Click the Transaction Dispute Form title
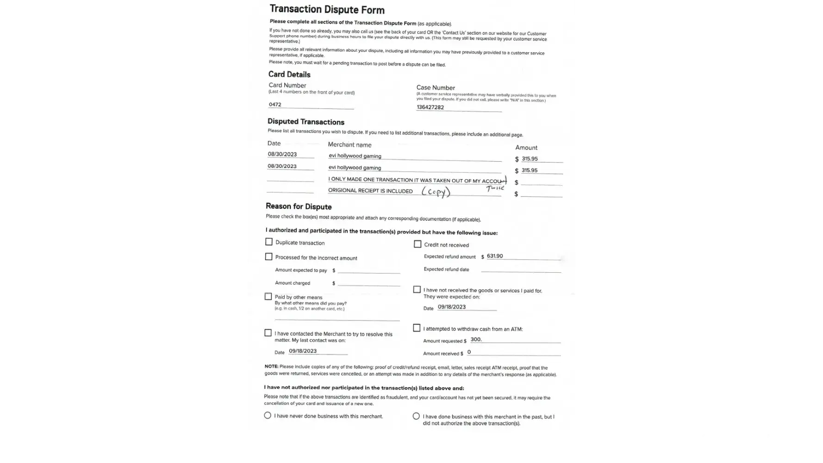(x=327, y=9)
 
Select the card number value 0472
(x=275, y=105)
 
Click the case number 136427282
(x=430, y=107)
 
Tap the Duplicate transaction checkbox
(x=269, y=242)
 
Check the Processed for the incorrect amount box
(x=268, y=257)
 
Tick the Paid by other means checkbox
(x=268, y=296)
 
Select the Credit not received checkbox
(x=418, y=244)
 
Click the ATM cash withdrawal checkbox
(x=417, y=328)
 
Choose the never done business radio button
(x=268, y=415)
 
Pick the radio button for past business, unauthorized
(x=416, y=416)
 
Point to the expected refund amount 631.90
(x=495, y=256)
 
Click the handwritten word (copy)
(x=436, y=192)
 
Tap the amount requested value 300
(x=476, y=339)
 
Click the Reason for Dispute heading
(x=299, y=206)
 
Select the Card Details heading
(x=289, y=74)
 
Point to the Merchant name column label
(x=349, y=144)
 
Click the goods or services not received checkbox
(x=417, y=289)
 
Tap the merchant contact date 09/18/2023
(x=303, y=351)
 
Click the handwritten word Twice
(x=495, y=188)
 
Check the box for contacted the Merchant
(x=268, y=333)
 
